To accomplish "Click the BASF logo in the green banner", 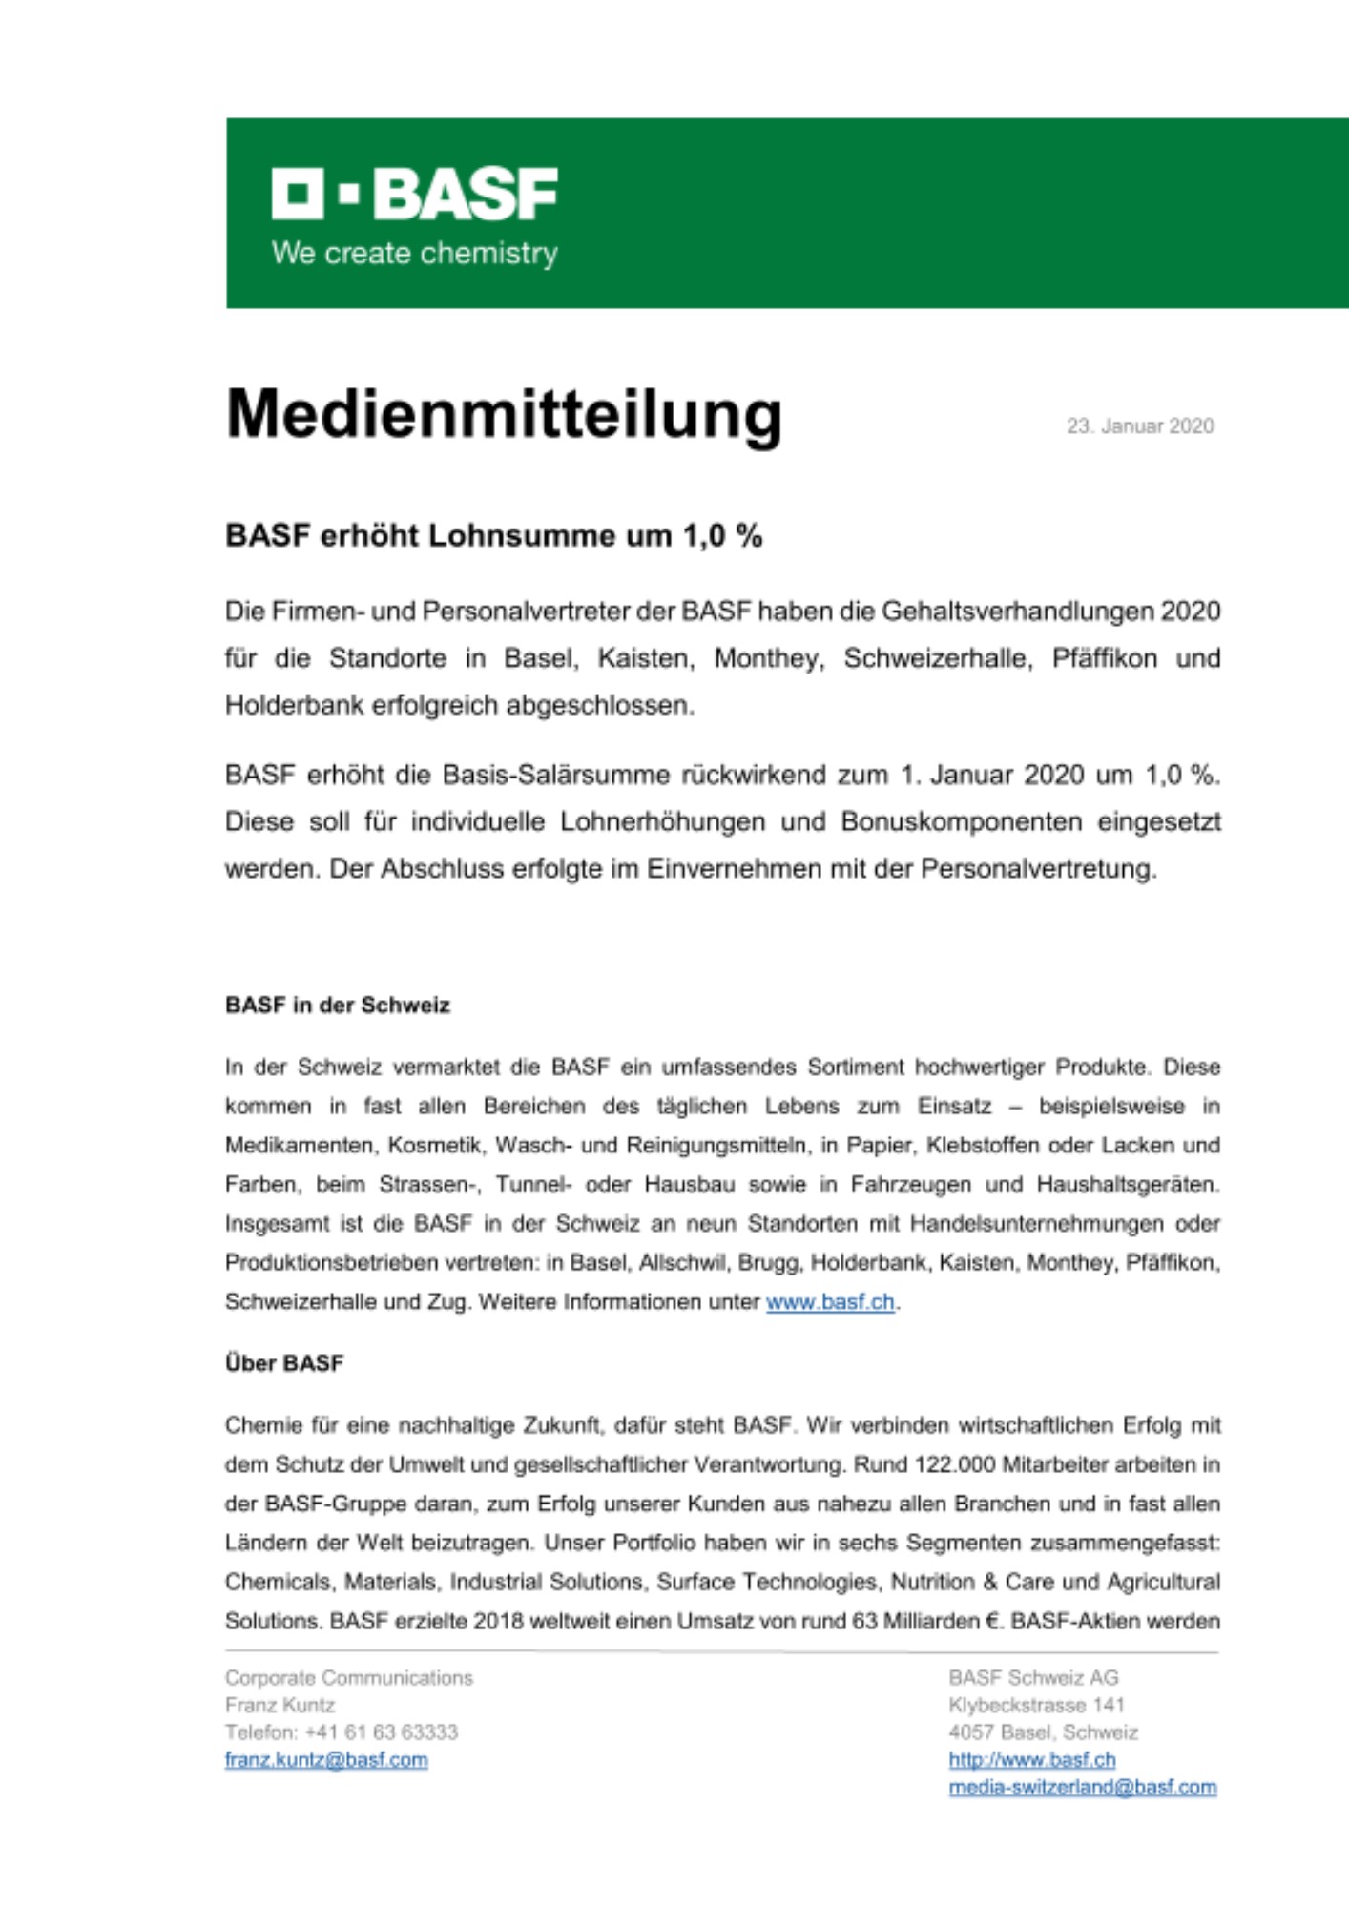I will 414,194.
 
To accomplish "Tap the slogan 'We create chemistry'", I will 414,254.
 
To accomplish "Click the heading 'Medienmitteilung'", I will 504,415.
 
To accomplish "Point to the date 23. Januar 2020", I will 1140,426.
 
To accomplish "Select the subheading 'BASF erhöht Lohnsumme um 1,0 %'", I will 493,536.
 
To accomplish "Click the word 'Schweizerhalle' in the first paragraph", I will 938,658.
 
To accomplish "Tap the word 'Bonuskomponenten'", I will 961,821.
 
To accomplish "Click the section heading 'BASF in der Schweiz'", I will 338,1006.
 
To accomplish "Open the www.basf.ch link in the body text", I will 830,1302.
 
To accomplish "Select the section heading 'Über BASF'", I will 284,1363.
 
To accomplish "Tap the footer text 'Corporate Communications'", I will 349,1678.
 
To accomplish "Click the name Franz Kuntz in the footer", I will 280,1705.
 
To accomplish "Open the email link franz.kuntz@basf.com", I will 326,1760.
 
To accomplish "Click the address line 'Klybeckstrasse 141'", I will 1036,1705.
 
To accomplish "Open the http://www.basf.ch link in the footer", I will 1031,1760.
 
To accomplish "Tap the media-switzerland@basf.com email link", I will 1082,1787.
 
